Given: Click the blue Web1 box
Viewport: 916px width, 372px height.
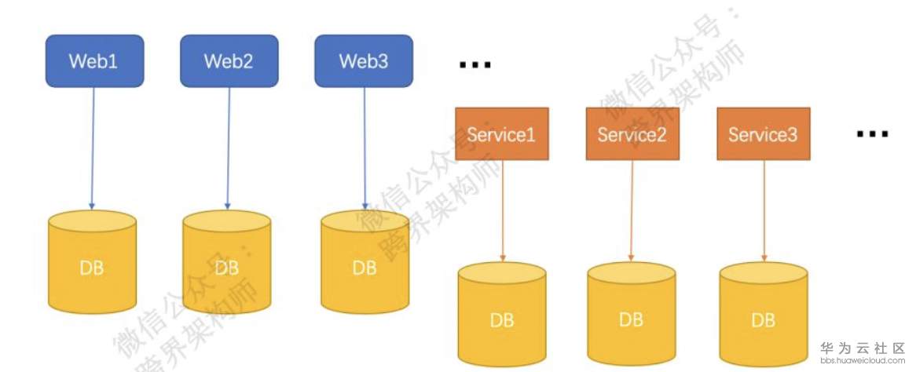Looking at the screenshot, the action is (x=94, y=60).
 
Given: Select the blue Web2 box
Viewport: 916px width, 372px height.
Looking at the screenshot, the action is (x=229, y=60).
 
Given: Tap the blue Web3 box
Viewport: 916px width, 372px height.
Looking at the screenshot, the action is (x=364, y=60).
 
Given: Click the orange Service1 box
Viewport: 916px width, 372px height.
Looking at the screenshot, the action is (x=502, y=133).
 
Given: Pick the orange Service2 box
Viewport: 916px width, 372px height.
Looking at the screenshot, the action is (x=632, y=133).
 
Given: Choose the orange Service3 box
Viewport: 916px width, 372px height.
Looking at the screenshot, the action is (x=764, y=133).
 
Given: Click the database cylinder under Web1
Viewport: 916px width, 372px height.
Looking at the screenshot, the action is (x=92, y=262).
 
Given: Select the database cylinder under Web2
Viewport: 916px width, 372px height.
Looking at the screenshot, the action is (x=227, y=262).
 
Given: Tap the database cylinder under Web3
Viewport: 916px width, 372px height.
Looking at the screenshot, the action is (x=365, y=262).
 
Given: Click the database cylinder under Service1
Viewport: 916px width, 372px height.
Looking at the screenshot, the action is (x=502, y=314).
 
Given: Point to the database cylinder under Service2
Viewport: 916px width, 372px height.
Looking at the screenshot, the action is (x=632, y=314).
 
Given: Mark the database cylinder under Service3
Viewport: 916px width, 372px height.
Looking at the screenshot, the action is (x=764, y=314).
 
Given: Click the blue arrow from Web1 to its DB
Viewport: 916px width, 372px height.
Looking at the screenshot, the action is (x=93, y=148).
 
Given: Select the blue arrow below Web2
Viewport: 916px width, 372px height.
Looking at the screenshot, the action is (x=229, y=148).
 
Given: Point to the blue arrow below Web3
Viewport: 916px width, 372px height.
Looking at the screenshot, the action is (x=365, y=148).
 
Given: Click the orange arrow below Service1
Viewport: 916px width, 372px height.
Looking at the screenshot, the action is (x=503, y=211).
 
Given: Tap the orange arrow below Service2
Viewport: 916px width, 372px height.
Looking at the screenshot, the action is (x=632, y=211).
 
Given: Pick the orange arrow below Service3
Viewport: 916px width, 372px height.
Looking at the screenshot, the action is (x=764, y=211).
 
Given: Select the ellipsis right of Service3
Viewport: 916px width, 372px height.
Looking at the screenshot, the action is (x=872, y=134).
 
